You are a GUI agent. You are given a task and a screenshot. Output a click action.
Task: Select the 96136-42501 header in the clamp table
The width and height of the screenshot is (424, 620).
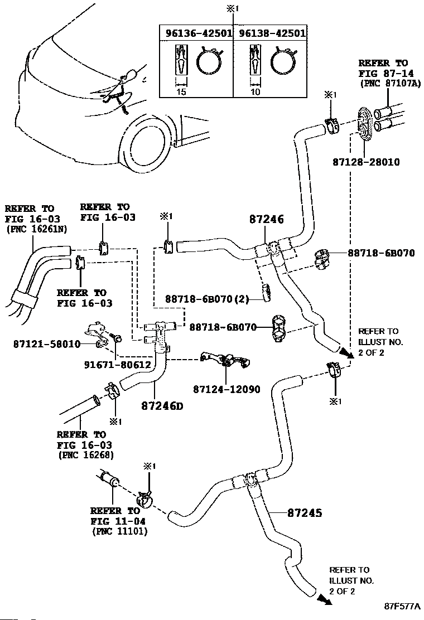tap(199, 33)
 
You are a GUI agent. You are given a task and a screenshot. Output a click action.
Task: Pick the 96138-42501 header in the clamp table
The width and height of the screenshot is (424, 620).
tap(272, 33)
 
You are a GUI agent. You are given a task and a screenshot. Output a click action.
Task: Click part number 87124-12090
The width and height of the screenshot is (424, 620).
tap(227, 389)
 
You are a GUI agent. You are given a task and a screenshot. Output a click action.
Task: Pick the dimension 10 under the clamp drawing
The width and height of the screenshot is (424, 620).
tap(255, 92)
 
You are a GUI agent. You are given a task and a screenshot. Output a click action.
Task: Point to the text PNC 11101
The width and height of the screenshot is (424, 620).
tap(119, 531)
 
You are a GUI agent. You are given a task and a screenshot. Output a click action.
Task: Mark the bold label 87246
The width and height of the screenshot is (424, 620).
tap(267, 220)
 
